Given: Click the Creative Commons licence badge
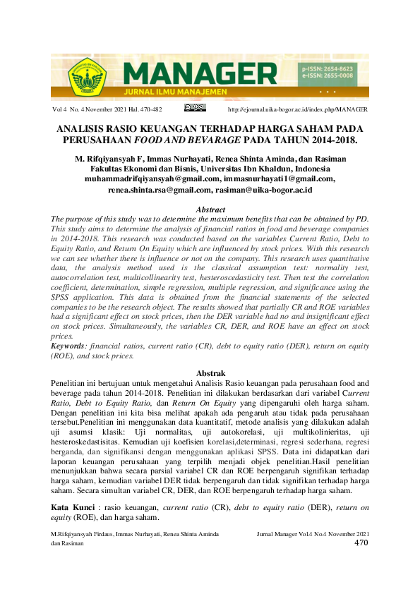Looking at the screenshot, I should pos(194,108).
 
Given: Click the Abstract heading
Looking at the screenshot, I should pos(210,210).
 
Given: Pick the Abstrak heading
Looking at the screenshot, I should pos(210,373).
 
